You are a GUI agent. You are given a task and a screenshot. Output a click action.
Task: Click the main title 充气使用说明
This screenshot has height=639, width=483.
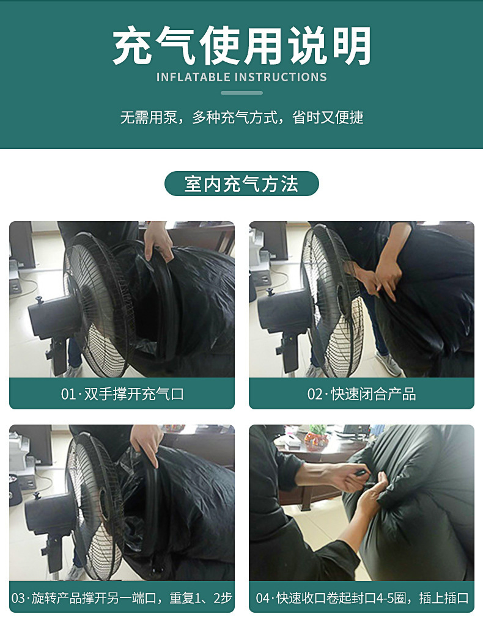point(242,46)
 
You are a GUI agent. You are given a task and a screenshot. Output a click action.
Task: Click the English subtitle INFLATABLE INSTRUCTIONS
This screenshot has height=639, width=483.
point(242,78)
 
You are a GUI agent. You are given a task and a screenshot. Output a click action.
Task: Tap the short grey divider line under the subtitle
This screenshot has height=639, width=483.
point(242,93)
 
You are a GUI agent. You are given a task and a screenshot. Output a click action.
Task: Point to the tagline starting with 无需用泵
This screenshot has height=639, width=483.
point(242,117)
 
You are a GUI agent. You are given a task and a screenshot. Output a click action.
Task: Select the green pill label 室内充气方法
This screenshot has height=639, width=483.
point(242,183)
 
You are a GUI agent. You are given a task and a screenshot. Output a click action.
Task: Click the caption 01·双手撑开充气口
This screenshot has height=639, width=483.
point(122,394)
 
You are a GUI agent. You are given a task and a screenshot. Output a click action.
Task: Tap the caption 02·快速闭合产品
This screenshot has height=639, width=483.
point(361,394)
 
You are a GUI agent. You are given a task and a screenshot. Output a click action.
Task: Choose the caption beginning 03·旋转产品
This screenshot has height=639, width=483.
point(122,597)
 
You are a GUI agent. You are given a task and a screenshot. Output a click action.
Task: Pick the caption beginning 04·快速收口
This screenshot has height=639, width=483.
point(361,597)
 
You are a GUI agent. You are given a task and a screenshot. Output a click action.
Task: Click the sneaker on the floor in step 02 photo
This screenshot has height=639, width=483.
point(388,363)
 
